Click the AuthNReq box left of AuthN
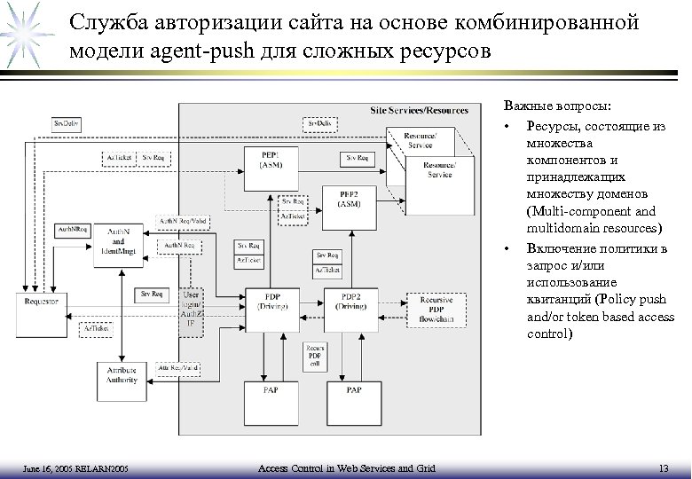point(71,230)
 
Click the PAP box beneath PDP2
point(353,390)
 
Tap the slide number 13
point(664,467)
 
